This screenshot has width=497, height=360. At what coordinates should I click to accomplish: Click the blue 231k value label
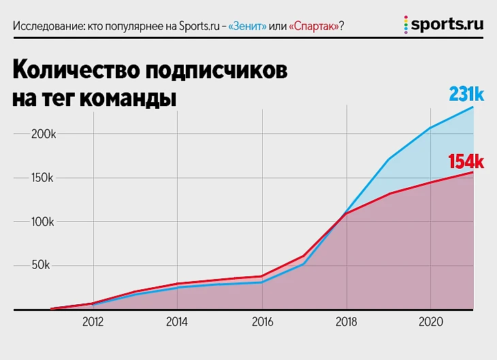[466, 94]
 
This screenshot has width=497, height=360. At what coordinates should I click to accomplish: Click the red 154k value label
[466, 161]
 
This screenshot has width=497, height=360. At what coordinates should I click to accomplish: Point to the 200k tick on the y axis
[44, 134]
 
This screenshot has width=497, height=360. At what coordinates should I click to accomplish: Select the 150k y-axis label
[44, 178]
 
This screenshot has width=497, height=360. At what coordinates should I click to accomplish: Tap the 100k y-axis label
[44, 221]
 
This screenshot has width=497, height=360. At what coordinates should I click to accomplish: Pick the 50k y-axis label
[46, 265]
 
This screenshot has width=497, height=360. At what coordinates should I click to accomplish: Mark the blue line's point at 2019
[389, 159]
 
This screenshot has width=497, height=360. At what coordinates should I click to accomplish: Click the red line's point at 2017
[304, 256]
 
